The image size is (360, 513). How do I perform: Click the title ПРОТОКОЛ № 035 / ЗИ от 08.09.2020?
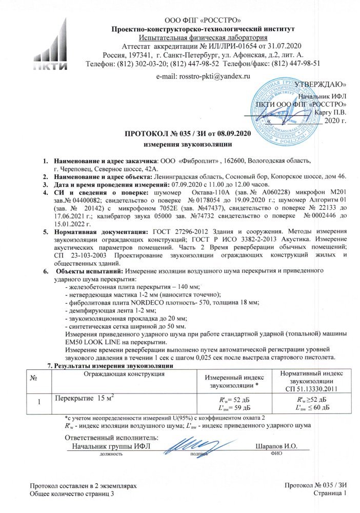tap(188, 134)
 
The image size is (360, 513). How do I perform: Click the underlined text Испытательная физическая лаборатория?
tap(203, 37)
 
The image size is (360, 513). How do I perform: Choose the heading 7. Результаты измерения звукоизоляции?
tap(110, 365)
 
